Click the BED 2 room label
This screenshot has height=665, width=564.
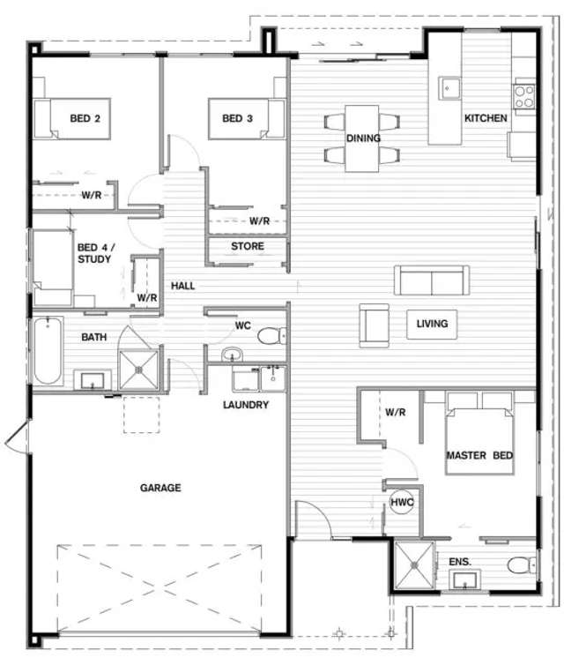click(x=85, y=118)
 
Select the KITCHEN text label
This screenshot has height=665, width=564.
click(x=486, y=118)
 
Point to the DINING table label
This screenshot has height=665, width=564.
click(x=363, y=138)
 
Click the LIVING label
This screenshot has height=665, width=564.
click(x=432, y=324)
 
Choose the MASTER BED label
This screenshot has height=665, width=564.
click(x=479, y=455)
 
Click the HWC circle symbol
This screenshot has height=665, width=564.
click(x=402, y=501)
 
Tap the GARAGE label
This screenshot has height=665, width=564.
click(x=160, y=488)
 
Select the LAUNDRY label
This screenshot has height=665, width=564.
click(x=246, y=405)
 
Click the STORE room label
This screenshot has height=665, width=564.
click(x=247, y=246)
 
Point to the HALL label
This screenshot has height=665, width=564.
click(x=183, y=286)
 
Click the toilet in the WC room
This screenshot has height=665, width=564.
click(x=269, y=336)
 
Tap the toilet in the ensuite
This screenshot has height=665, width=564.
click(x=520, y=565)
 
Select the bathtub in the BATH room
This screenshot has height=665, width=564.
click(x=48, y=351)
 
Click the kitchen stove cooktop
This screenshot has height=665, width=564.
click(x=524, y=94)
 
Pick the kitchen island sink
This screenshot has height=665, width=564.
click(x=450, y=88)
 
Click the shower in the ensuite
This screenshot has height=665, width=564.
click(x=414, y=565)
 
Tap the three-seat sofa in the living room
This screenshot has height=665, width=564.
click(x=432, y=280)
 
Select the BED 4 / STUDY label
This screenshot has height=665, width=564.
click(x=94, y=253)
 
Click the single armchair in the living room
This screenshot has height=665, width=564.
click(x=374, y=325)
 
